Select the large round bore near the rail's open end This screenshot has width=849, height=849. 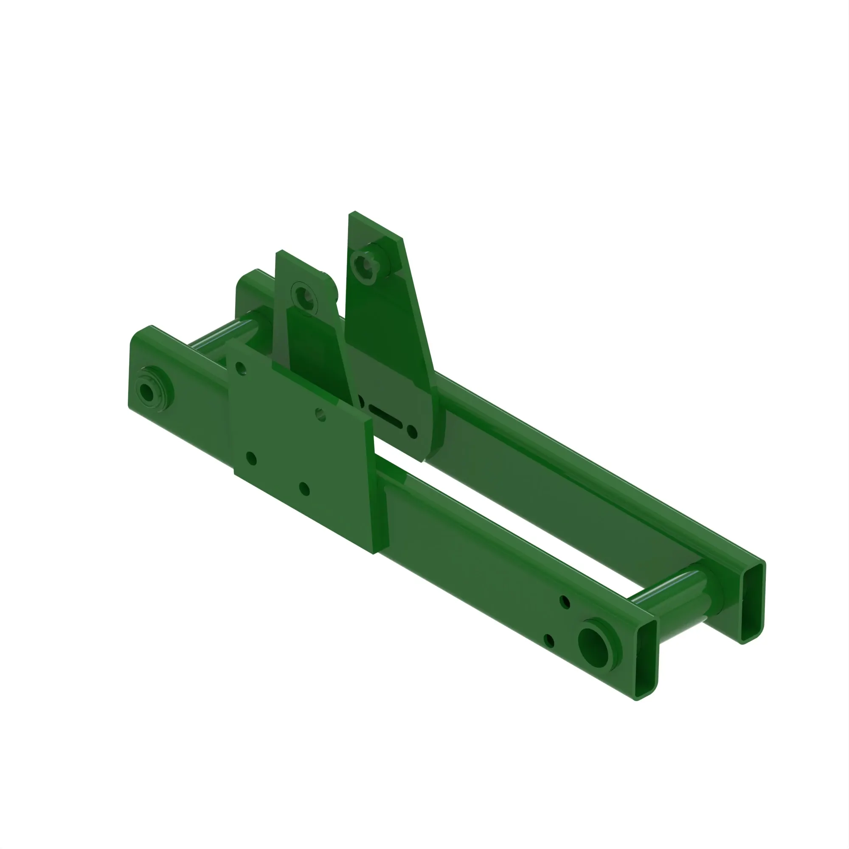595,647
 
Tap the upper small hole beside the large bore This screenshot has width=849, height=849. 565,602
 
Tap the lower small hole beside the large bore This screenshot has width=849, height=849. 549,640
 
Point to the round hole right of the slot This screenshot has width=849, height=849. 412,431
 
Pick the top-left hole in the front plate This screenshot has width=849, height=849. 240,367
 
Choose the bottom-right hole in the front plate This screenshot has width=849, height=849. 304,489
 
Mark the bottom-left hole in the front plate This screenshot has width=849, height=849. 251,458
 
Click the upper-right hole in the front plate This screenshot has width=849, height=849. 320,414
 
